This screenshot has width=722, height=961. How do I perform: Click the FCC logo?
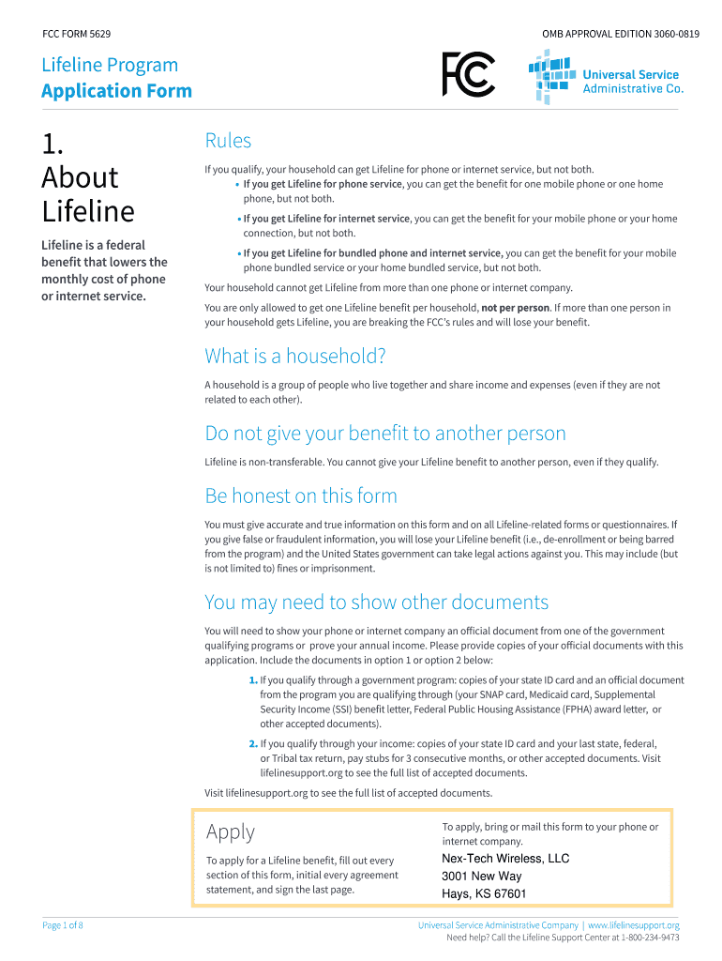coord(468,75)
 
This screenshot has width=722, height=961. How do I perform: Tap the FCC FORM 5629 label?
coord(77,35)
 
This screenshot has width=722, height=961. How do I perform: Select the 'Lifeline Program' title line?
coord(110,66)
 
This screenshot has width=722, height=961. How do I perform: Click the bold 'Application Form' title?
coord(116,91)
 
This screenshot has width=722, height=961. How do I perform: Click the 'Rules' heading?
coord(228,142)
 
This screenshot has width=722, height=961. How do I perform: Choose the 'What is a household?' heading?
coord(294,357)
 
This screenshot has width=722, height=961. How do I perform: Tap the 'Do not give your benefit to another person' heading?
coord(384,434)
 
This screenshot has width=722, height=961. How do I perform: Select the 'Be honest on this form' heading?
coord(300,496)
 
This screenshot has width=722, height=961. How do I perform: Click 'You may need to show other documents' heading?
coord(376,602)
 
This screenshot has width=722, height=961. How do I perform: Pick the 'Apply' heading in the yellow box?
coord(230,831)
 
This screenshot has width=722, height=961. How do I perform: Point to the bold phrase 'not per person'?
coord(515,308)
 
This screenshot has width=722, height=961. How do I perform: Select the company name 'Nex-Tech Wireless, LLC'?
coord(504,859)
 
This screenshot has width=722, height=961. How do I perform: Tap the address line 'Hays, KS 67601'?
coord(483,894)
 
